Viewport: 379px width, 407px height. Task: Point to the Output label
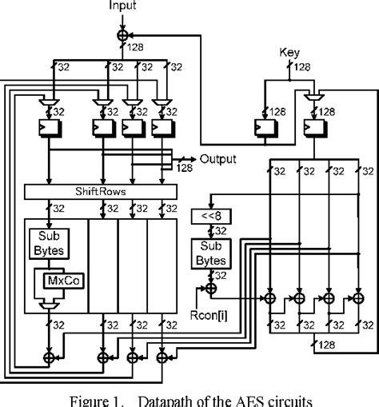[219, 158]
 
